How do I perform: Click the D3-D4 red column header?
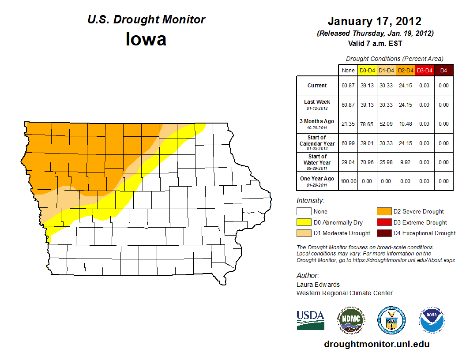point(424,70)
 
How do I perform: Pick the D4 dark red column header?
point(443,70)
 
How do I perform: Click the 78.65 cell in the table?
point(367,124)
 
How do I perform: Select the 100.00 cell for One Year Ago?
point(348,181)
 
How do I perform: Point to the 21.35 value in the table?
point(348,124)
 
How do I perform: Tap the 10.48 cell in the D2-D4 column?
point(405,124)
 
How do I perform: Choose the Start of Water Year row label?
point(317,159)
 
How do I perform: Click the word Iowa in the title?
point(146,39)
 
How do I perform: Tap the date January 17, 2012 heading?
point(375,21)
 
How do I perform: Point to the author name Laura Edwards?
point(318,285)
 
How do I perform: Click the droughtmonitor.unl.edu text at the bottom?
point(376,344)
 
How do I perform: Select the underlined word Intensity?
point(310,201)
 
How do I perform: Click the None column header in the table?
point(348,70)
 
